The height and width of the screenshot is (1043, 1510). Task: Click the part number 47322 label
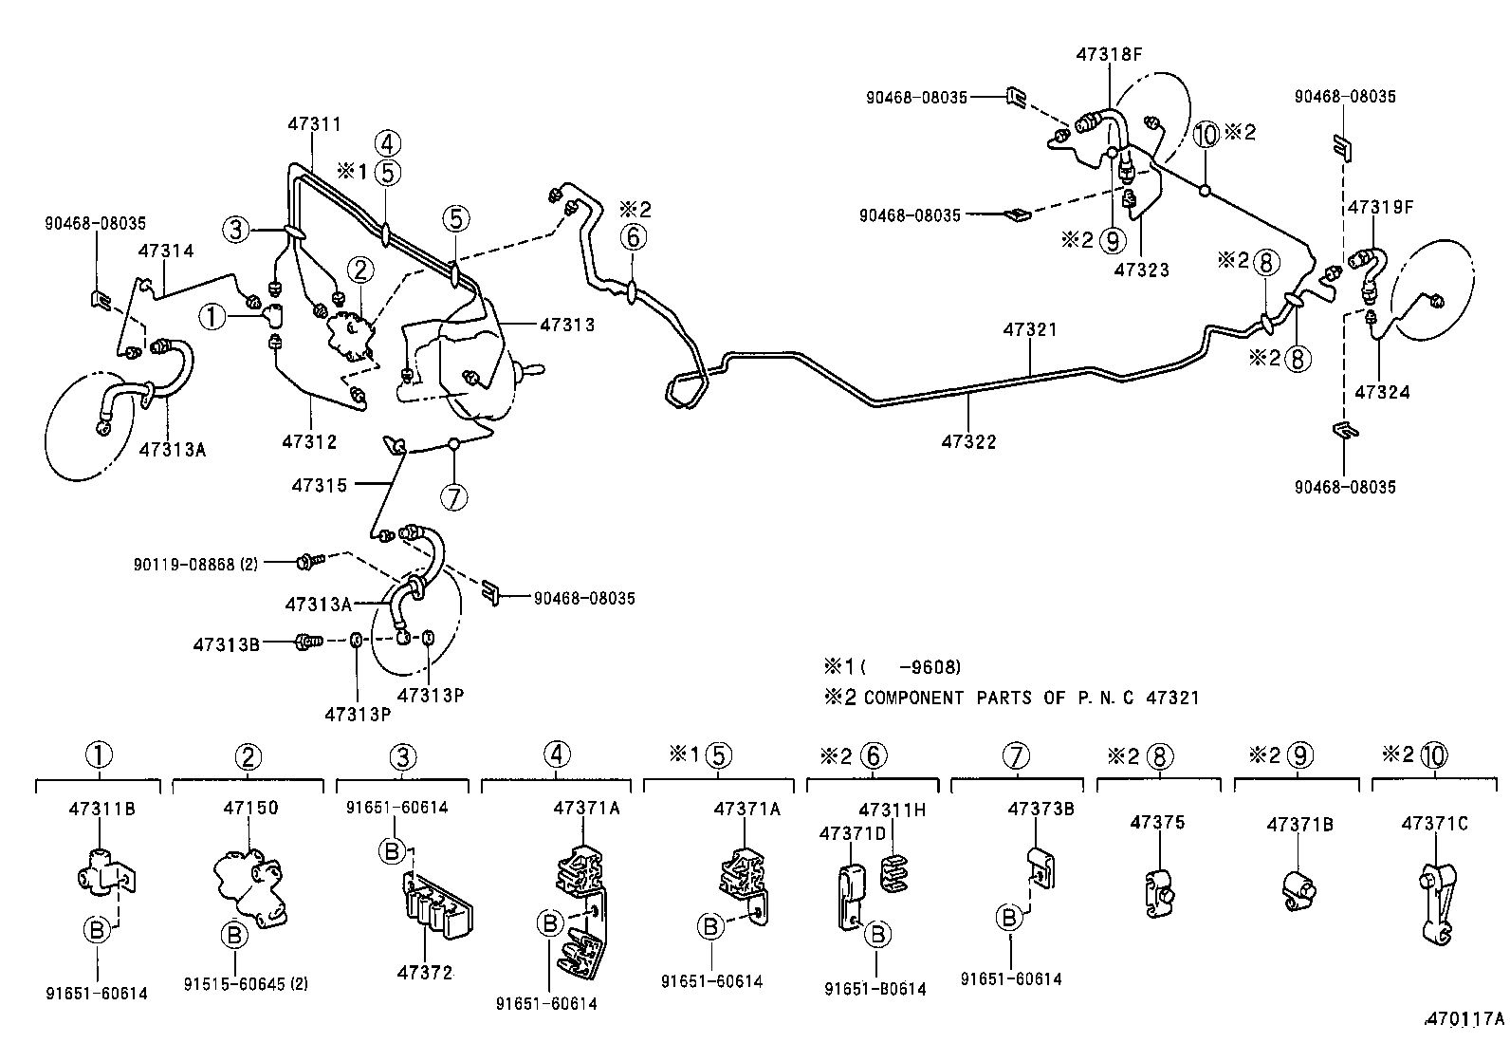point(968,441)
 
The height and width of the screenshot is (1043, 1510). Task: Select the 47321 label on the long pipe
point(1030,329)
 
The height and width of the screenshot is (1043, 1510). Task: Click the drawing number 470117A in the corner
point(1464,1019)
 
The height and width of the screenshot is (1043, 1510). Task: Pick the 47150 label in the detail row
point(250,808)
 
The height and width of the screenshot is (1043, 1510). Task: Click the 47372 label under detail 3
point(424,973)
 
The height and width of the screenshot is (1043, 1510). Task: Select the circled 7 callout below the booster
point(455,496)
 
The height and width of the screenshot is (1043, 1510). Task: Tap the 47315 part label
point(319,485)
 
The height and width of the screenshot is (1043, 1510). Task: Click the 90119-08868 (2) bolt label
point(195,563)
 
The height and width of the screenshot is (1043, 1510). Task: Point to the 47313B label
point(226,643)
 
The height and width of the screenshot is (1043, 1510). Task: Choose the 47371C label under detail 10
point(1434,823)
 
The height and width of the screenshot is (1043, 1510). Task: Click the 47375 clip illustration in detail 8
point(1158,893)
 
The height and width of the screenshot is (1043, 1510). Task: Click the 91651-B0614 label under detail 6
point(875,988)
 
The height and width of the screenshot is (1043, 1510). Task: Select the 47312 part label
point(309,441)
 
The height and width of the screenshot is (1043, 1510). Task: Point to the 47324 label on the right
point(1382,391)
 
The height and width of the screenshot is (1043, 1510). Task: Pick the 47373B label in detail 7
point(1040,809)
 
